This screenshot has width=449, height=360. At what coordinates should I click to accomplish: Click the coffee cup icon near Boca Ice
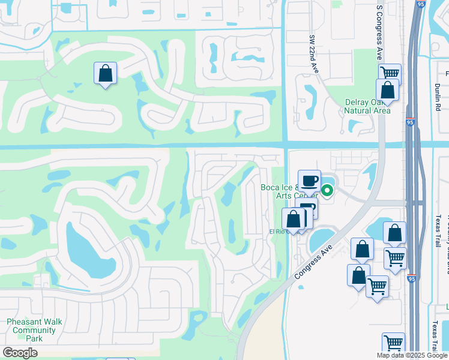pos(309,180)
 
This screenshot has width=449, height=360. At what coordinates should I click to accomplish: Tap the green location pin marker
pos(327,191)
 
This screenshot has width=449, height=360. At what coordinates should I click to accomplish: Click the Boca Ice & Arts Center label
pos(288,191)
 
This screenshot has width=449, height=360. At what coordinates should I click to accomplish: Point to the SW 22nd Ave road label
pos(313,55)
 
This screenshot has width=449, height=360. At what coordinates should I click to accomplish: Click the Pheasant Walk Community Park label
pos(34,330)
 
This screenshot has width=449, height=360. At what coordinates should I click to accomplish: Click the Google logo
pos(20,353)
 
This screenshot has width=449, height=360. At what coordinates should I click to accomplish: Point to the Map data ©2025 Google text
pos(412,355)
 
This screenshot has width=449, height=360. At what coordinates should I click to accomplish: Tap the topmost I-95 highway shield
pos(418,4)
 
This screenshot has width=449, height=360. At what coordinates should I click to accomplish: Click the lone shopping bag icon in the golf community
pos(105,74)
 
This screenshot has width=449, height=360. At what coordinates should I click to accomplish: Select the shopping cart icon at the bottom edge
pos(393,343)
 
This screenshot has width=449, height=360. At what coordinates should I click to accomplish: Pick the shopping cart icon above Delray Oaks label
pos(390,73)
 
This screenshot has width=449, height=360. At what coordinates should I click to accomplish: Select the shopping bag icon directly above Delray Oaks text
pos(387,90)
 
